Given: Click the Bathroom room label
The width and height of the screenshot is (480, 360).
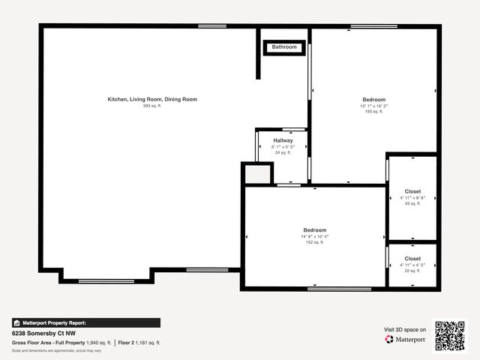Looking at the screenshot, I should pos(284,47).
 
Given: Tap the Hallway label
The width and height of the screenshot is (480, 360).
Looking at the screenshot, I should pos(283,140).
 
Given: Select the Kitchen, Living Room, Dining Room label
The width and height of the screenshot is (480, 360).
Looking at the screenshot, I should pos(152,100).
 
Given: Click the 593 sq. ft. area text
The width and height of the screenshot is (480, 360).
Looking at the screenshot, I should pos(152,106).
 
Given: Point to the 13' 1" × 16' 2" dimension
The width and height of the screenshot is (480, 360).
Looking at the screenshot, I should pos(373,106).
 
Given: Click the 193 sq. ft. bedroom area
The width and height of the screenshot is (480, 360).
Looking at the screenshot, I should pos(373,112).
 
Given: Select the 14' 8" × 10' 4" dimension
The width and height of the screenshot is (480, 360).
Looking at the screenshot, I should pos(314,236).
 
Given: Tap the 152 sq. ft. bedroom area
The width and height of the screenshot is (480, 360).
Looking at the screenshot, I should pos(314,242).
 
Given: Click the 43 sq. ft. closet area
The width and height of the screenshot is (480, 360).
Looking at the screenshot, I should pos(412,203).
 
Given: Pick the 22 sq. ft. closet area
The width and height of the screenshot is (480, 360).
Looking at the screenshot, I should pos(412,271).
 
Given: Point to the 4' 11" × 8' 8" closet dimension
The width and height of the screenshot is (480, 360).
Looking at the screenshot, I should pos(412,198).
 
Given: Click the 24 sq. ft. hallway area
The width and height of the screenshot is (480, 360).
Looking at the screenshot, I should pos(283,152).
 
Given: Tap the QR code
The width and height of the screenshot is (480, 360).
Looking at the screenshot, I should pos(450,336).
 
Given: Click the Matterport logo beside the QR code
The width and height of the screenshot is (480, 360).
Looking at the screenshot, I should pos(406,339).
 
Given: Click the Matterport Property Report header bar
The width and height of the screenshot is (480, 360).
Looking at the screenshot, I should pos(85,322).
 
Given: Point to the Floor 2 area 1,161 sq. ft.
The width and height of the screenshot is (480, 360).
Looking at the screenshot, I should pos(139,342).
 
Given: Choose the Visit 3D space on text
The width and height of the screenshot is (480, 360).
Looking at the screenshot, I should pos(405,329).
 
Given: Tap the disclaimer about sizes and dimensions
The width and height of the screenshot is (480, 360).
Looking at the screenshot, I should pos(57,350).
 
